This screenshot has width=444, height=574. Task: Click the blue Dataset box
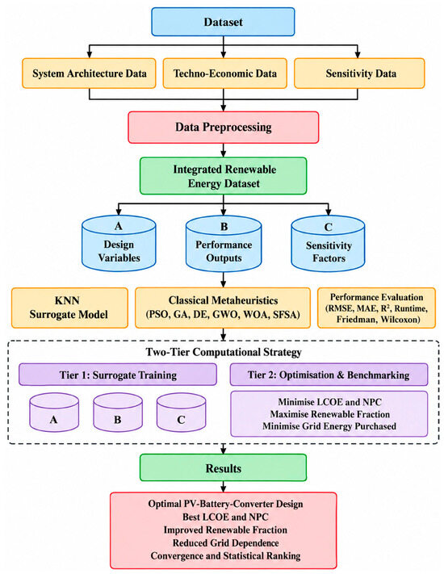(x=223, y=22)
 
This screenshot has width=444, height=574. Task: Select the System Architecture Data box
(x=89, y=73)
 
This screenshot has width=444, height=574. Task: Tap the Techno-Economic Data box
(x=224, y=73)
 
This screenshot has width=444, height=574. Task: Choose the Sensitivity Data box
(x=359, y=73)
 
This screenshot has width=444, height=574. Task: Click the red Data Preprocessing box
(x=224, y=128)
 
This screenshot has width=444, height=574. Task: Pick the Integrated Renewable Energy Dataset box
(x=224, y=176)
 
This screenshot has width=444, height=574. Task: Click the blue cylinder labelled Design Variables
(x=119, y=243)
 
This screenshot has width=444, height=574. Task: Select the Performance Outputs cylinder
(x=224, y=243)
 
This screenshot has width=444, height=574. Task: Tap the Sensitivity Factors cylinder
(x=328, y=243)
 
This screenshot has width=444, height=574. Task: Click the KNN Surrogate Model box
(x=69, y=308)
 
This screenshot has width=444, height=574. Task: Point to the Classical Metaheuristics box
(x=223, y=308)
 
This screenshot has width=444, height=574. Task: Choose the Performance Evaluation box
(x=377, y=308)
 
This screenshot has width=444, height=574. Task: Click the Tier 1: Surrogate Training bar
(x=118, y=375)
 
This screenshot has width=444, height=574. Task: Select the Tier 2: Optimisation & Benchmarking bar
(x=329, y=375)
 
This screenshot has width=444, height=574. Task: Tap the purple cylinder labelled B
(x=118, y=413)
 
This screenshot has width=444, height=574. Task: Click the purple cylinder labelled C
(x=181, y=413)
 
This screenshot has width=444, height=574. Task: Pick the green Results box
(x=224, y=468)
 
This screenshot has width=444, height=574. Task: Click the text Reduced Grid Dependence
(x=225, y=543)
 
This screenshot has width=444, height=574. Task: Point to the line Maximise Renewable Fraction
(x=330, y=414)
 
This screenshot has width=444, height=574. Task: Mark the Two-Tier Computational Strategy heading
(x=224, y=352)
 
